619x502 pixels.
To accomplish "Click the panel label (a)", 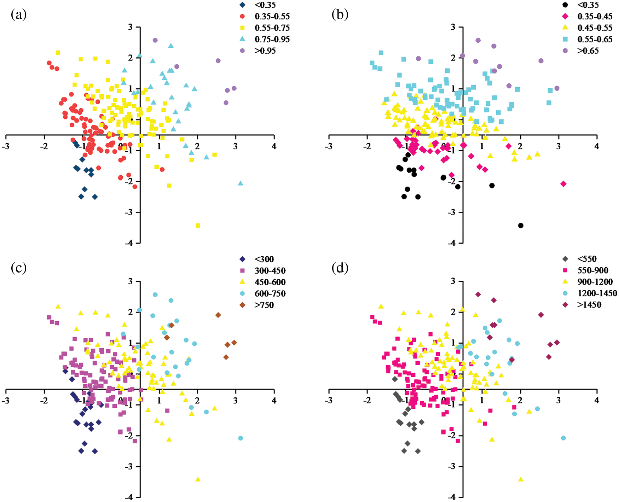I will point(19,14).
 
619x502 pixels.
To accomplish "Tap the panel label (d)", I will point(340,268).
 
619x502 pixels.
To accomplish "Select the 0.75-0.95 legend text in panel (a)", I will point(272,39).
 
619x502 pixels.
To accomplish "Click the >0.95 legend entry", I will point(265,51).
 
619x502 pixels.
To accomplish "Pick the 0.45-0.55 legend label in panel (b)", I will point(595,28).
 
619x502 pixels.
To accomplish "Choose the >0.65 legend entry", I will point(588,51).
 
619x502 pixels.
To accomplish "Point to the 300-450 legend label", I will point(270,271).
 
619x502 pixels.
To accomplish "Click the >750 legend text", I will point(264,305).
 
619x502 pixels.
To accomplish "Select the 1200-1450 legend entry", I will point(597,293).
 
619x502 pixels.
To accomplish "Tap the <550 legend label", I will point(587,259).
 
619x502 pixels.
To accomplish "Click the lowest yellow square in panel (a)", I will point(198,226).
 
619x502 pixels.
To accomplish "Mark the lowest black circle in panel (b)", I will point(521,226).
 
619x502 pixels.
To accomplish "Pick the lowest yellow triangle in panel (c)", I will point(198,479).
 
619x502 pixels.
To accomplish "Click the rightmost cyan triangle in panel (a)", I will point(241,183).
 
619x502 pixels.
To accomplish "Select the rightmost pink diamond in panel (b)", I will point(563,183).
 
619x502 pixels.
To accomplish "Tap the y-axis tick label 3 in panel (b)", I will point(453,27).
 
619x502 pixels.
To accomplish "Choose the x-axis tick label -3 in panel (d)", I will point(329,401).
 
